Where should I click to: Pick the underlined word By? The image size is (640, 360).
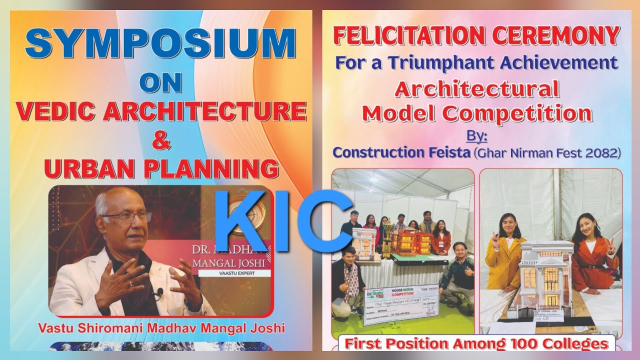(x=477, y=135)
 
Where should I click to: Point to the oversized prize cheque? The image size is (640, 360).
(x=400, y=305)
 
